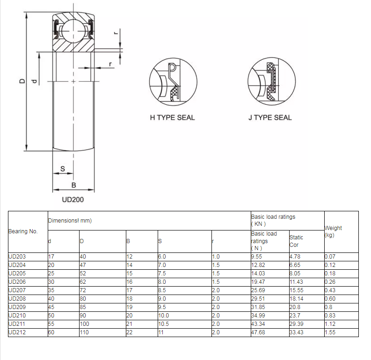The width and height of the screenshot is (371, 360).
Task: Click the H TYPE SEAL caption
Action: coord(172,118)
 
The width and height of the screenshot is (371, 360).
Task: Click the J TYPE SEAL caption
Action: coord(270,118)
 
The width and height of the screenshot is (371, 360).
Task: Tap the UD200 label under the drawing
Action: coord(73,200)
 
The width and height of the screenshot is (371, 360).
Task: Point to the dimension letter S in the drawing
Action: coord(63,169)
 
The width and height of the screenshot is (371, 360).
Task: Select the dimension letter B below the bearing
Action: coord(74,185)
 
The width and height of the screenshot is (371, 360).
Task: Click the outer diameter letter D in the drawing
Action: coord(22,81)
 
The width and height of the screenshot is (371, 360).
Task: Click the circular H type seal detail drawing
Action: coord(173,82)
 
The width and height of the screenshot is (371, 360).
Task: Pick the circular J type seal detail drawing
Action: coord(272,81)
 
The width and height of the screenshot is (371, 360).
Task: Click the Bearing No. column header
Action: coord(23,231)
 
